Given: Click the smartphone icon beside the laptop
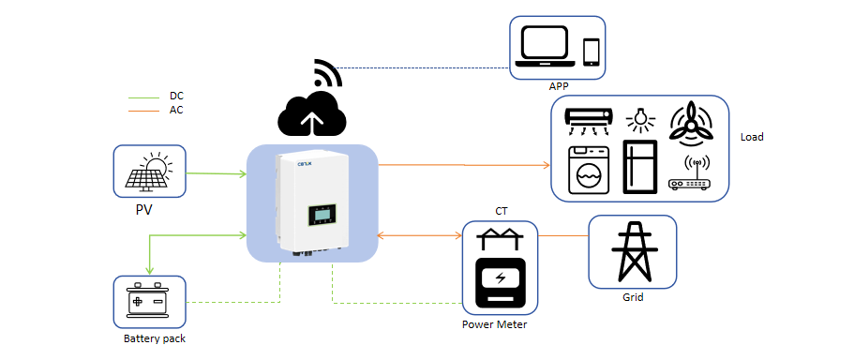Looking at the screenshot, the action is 591,52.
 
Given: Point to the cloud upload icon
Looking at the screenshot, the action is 312,113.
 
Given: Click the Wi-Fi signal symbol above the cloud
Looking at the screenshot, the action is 328,72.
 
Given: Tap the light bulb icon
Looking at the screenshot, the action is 640,119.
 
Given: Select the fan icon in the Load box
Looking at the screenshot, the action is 691,125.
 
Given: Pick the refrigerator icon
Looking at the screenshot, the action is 640,167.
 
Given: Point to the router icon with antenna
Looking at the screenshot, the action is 690,174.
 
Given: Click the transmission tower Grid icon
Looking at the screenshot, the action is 632,250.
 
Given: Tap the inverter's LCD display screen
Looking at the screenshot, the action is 322,216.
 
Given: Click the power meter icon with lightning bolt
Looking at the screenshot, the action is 500,281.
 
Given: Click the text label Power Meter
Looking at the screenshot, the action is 495,324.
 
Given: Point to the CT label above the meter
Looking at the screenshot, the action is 502,210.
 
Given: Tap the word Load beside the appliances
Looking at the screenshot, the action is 752,137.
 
